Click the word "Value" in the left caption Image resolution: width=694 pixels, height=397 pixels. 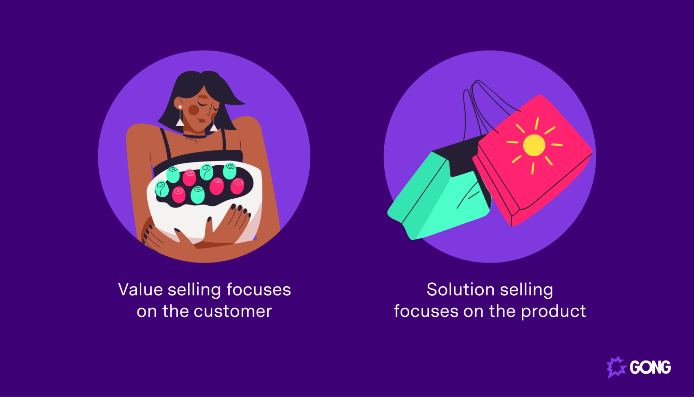[140, 289]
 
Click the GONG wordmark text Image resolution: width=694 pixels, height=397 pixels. [650, 367]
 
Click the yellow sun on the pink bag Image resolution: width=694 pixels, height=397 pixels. [534, 145]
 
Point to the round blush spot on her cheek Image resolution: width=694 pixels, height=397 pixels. [193, 110]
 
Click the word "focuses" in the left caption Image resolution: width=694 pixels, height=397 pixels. [259, 289]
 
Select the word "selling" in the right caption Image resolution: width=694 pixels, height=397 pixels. [527, 289]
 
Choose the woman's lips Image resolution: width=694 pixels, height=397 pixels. [201, 121]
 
